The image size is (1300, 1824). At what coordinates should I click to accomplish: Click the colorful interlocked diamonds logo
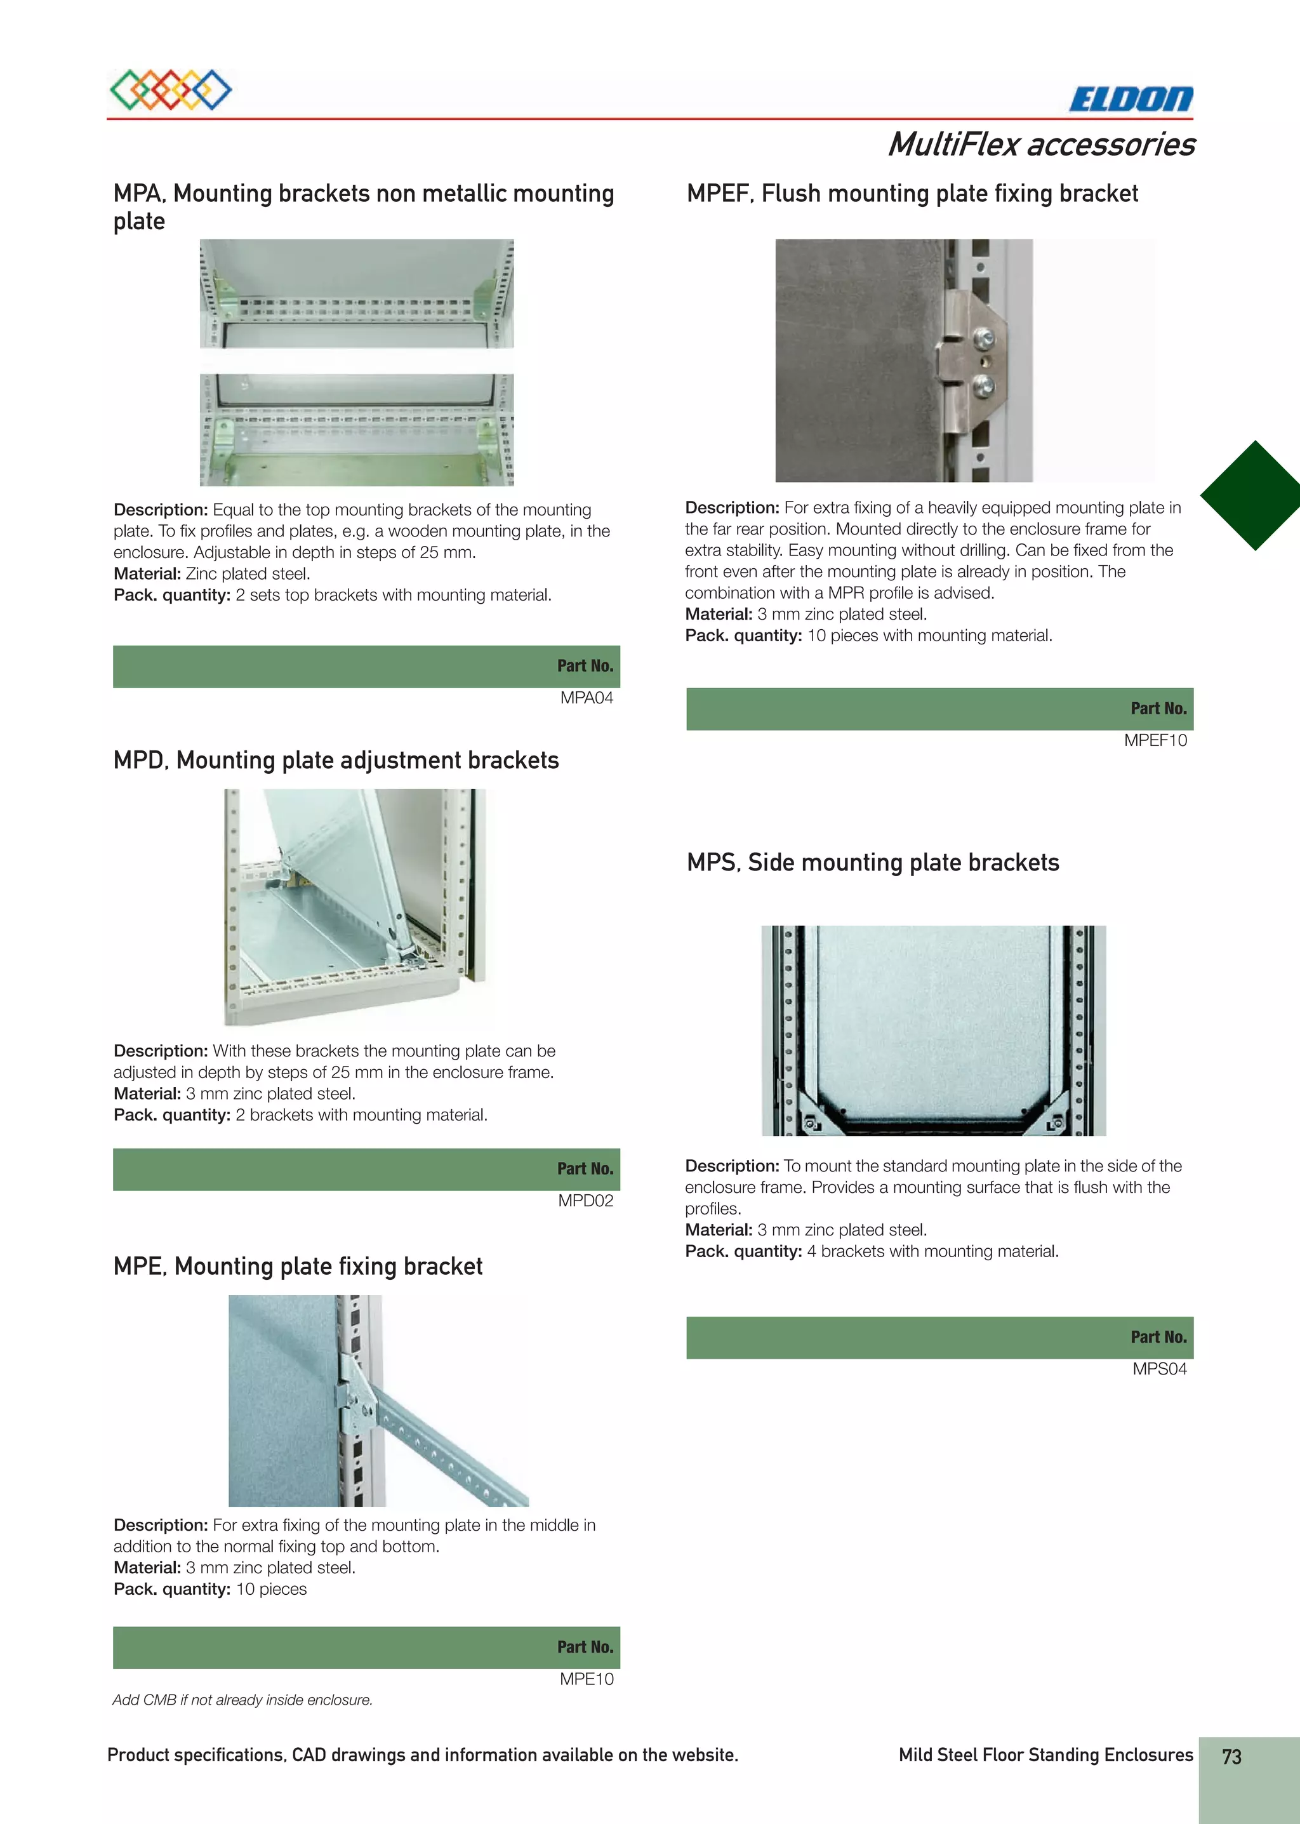171,90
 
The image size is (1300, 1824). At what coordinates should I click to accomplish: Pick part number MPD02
585,1201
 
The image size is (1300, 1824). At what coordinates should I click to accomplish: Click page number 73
1231,1757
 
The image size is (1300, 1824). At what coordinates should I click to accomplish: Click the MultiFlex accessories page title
1040,145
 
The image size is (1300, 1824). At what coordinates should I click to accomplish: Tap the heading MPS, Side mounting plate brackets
873,862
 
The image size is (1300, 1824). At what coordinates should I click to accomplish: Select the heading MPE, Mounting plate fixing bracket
298,1266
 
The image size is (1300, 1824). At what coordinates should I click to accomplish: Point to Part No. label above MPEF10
1158,709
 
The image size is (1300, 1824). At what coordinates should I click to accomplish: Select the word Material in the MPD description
147,1094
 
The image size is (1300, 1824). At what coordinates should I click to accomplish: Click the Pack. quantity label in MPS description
743,1251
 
